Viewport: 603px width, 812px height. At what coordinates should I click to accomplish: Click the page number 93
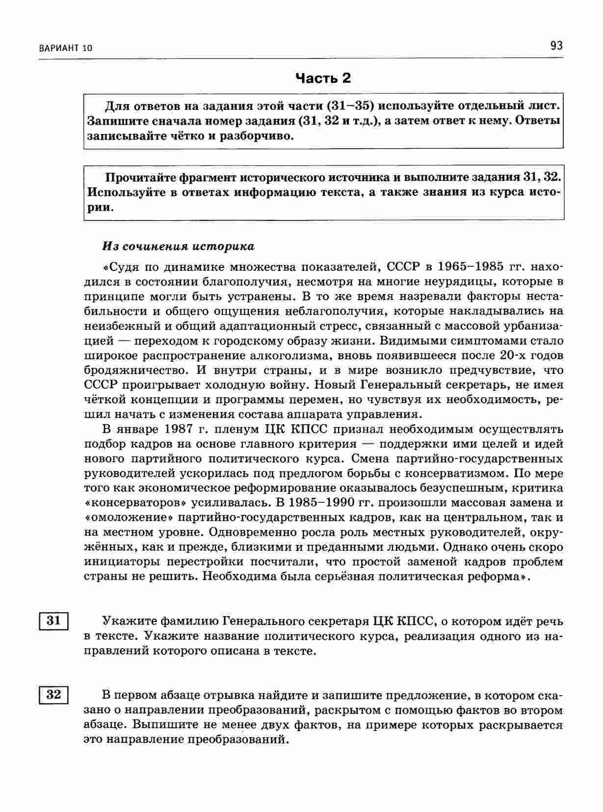(x=556, y=46)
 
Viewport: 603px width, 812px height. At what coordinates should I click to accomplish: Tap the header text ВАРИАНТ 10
(x=64, y=48)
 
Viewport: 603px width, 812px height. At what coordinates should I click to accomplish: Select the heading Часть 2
(x=323, y=78)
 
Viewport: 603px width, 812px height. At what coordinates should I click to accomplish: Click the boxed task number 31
(x=53, y=621)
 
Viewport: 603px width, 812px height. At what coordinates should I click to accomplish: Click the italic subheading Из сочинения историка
(x=178, y=246)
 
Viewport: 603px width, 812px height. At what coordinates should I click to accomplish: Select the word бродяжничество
(x=133, y=370)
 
